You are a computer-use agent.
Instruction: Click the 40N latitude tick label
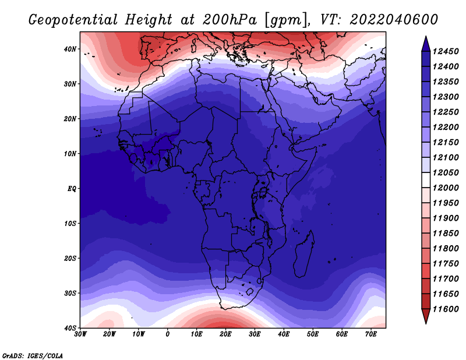pyautogui.click(x=70, y=49)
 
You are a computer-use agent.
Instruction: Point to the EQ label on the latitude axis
pyautogui.click(x=72, y=189)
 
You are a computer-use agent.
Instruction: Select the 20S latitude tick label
pyautogui.click(x=70, y=258)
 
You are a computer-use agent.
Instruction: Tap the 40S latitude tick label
pyautogui.click(x=70, y=328)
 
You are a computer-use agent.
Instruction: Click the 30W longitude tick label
pyautogui.click(x=80, y=334)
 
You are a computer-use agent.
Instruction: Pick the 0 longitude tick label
pyautogui.click(x=168, y=334)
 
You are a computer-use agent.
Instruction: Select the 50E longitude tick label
pyautogui.click(x=313, y=334)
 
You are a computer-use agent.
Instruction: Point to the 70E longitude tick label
pyautogui.click(x=371, y=334)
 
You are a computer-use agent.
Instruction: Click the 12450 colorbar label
pyautogui.click(x=446, y=51)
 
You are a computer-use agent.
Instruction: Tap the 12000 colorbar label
pyautogui.click(x=446, y=188)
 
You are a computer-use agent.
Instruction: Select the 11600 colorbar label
pyautogui.click(x=446, y=309)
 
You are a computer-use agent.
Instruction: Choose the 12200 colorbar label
pyautogui.click(x=446, y=127)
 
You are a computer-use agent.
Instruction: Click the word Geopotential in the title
pyautogui.click(x=73, y=20)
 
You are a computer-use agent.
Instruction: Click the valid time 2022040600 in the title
pyautogui.click(x=394, y=20)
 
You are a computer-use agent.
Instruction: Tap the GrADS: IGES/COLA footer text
pyautogui.click(x=33, y=355)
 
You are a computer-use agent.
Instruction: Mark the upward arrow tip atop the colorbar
pyautogui.click(x=426, y=37)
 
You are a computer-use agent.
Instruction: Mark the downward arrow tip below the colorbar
pyautogui.click(x=426, y=323)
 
